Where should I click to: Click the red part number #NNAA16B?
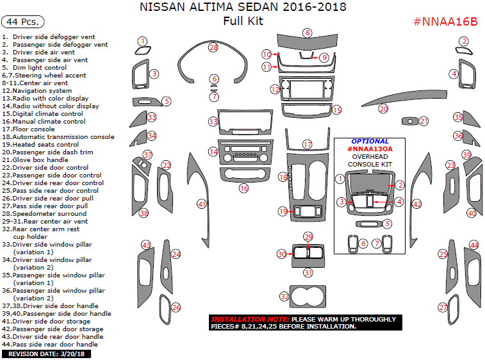tap(446, 21)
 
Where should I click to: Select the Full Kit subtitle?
tap(243, 21)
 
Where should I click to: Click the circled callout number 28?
tap(213, 47)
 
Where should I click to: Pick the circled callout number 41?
tap(202, 204)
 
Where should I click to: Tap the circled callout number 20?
tap(383, 109)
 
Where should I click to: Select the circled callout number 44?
tap(475, 245)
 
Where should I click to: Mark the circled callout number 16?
tap(243, 188)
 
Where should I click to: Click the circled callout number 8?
tap(308, 33)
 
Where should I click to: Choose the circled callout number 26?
tap(176, 307)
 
